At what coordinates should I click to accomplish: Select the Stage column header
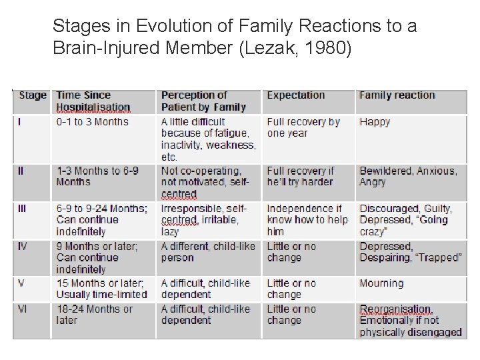(x=33, y=95)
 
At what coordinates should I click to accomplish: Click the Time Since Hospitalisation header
(x=93, y=101)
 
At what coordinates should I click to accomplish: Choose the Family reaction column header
(x=397, y=95)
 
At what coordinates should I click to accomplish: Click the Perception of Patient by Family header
(x=203, y=101)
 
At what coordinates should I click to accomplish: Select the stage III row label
(x=23, y=209)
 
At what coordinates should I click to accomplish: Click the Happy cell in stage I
(x=375, y=122)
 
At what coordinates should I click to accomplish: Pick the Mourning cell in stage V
(x=381, y=283)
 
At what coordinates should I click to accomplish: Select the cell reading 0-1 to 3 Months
(x=92, y=122)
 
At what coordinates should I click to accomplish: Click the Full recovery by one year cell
(x=303, y=128)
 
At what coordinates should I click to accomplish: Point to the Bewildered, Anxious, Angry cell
(x=408, y=177)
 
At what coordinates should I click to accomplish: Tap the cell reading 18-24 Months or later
(x=94, y=315)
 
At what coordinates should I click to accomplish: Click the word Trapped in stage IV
(x=439, y=258)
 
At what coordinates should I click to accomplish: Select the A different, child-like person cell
(x=208, y=252)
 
